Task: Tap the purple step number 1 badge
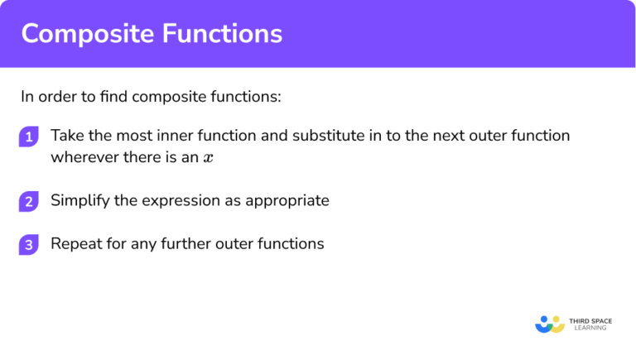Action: [29, 137]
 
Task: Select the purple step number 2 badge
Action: [29, 201]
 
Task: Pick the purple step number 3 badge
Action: [29, 245]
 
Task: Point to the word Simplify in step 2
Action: [79, 200]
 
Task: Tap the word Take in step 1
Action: [65, 135]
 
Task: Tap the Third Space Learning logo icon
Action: [550, 323]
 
